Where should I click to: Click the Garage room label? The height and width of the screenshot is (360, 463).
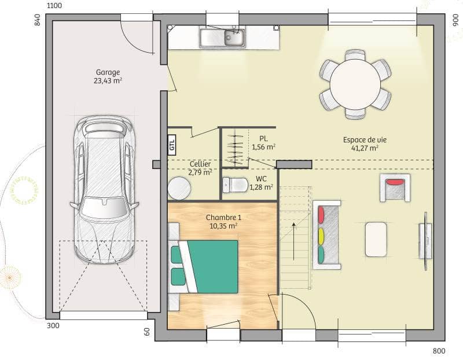click(x=108, y=72)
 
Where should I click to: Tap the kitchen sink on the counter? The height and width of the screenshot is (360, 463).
click(x=223, y=38)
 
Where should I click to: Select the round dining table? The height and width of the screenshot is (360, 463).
click(x=355, y=85)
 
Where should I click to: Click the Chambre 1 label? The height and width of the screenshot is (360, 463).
click(x=223, y=217)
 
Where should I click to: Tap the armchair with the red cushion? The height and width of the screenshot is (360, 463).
click(x=395, y=188)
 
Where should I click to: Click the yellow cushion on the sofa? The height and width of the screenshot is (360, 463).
click(x=321, y=236)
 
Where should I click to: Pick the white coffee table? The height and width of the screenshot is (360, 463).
click(x=376, y=239)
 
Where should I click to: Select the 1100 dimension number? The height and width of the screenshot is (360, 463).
click(x=54, y=6)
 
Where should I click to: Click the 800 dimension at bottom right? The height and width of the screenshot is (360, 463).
click(x=439, y=351)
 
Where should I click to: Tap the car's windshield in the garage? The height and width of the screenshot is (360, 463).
click(x=105, y=207)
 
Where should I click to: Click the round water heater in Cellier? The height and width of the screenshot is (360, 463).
click(x=179, y=189)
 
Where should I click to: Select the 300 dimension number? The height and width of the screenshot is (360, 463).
click(x=53, y=326)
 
